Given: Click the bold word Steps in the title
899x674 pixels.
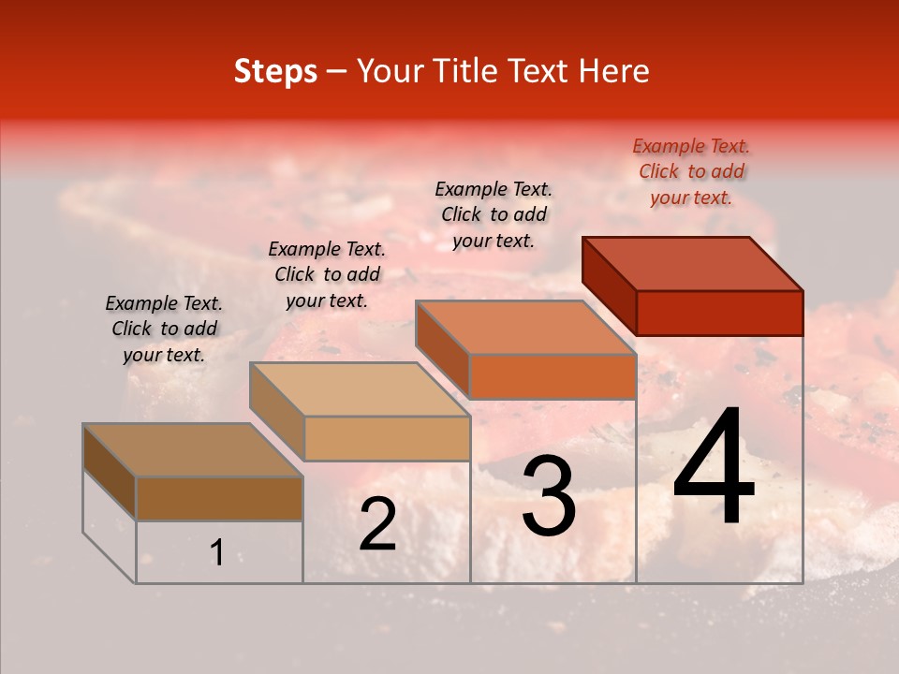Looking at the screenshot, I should coord(275,71).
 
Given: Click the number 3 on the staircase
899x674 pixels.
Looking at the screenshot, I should coord(549,497).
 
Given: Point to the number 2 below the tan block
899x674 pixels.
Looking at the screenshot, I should coord(377,524).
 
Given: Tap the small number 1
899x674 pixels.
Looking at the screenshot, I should coord(216,553).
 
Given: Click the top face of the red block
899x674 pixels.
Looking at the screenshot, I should coord(693,263).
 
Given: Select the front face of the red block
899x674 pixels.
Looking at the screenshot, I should coord(719,313).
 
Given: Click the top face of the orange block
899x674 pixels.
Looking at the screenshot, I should coord(526,328).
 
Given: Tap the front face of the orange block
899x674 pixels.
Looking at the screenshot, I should coord(553,376).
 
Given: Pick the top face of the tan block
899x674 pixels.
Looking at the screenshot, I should coord(360,388).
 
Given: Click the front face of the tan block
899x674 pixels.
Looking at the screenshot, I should coord(387,438).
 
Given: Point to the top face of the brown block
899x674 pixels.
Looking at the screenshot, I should coord(193,449).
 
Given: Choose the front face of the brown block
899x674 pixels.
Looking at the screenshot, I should coord(219,498).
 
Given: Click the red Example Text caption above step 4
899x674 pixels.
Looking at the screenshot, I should coord(691,171).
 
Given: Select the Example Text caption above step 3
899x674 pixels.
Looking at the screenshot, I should coord(494,214).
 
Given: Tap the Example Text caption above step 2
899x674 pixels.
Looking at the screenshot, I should coord(327,274).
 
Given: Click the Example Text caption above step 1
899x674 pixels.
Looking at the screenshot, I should coord(164,329).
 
